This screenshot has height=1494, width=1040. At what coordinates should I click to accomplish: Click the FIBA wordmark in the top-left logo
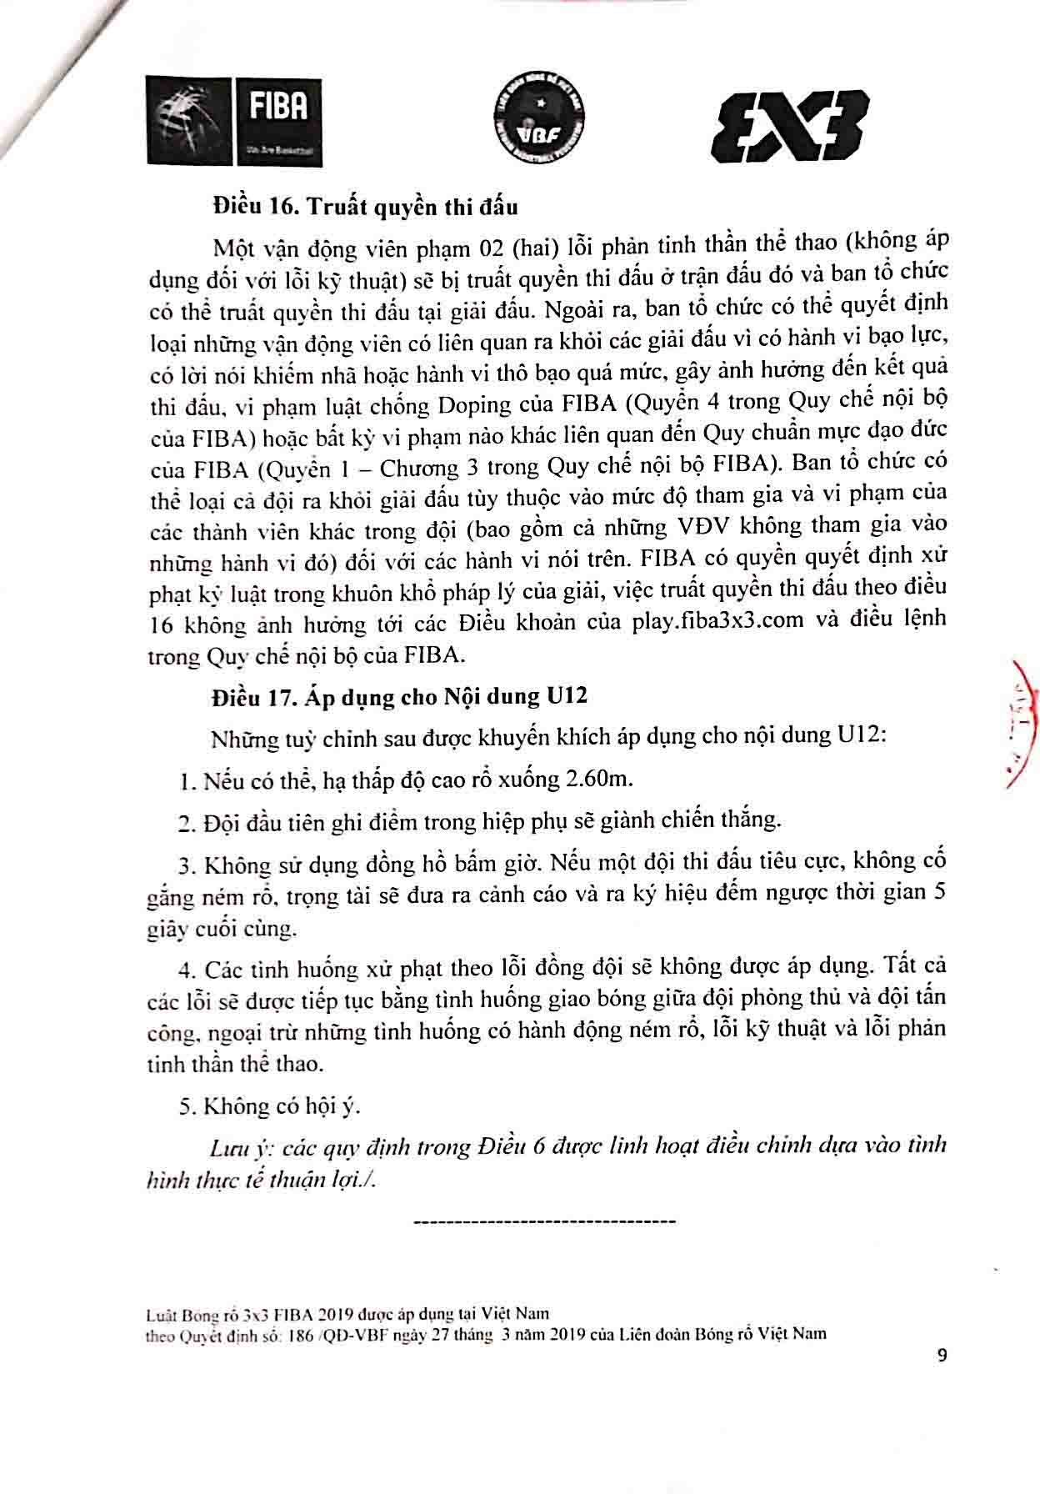[278, 107]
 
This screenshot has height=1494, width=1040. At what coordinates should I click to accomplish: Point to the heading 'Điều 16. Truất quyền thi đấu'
[365, 206]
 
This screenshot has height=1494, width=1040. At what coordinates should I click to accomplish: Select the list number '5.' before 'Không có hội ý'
[187, 1106]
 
